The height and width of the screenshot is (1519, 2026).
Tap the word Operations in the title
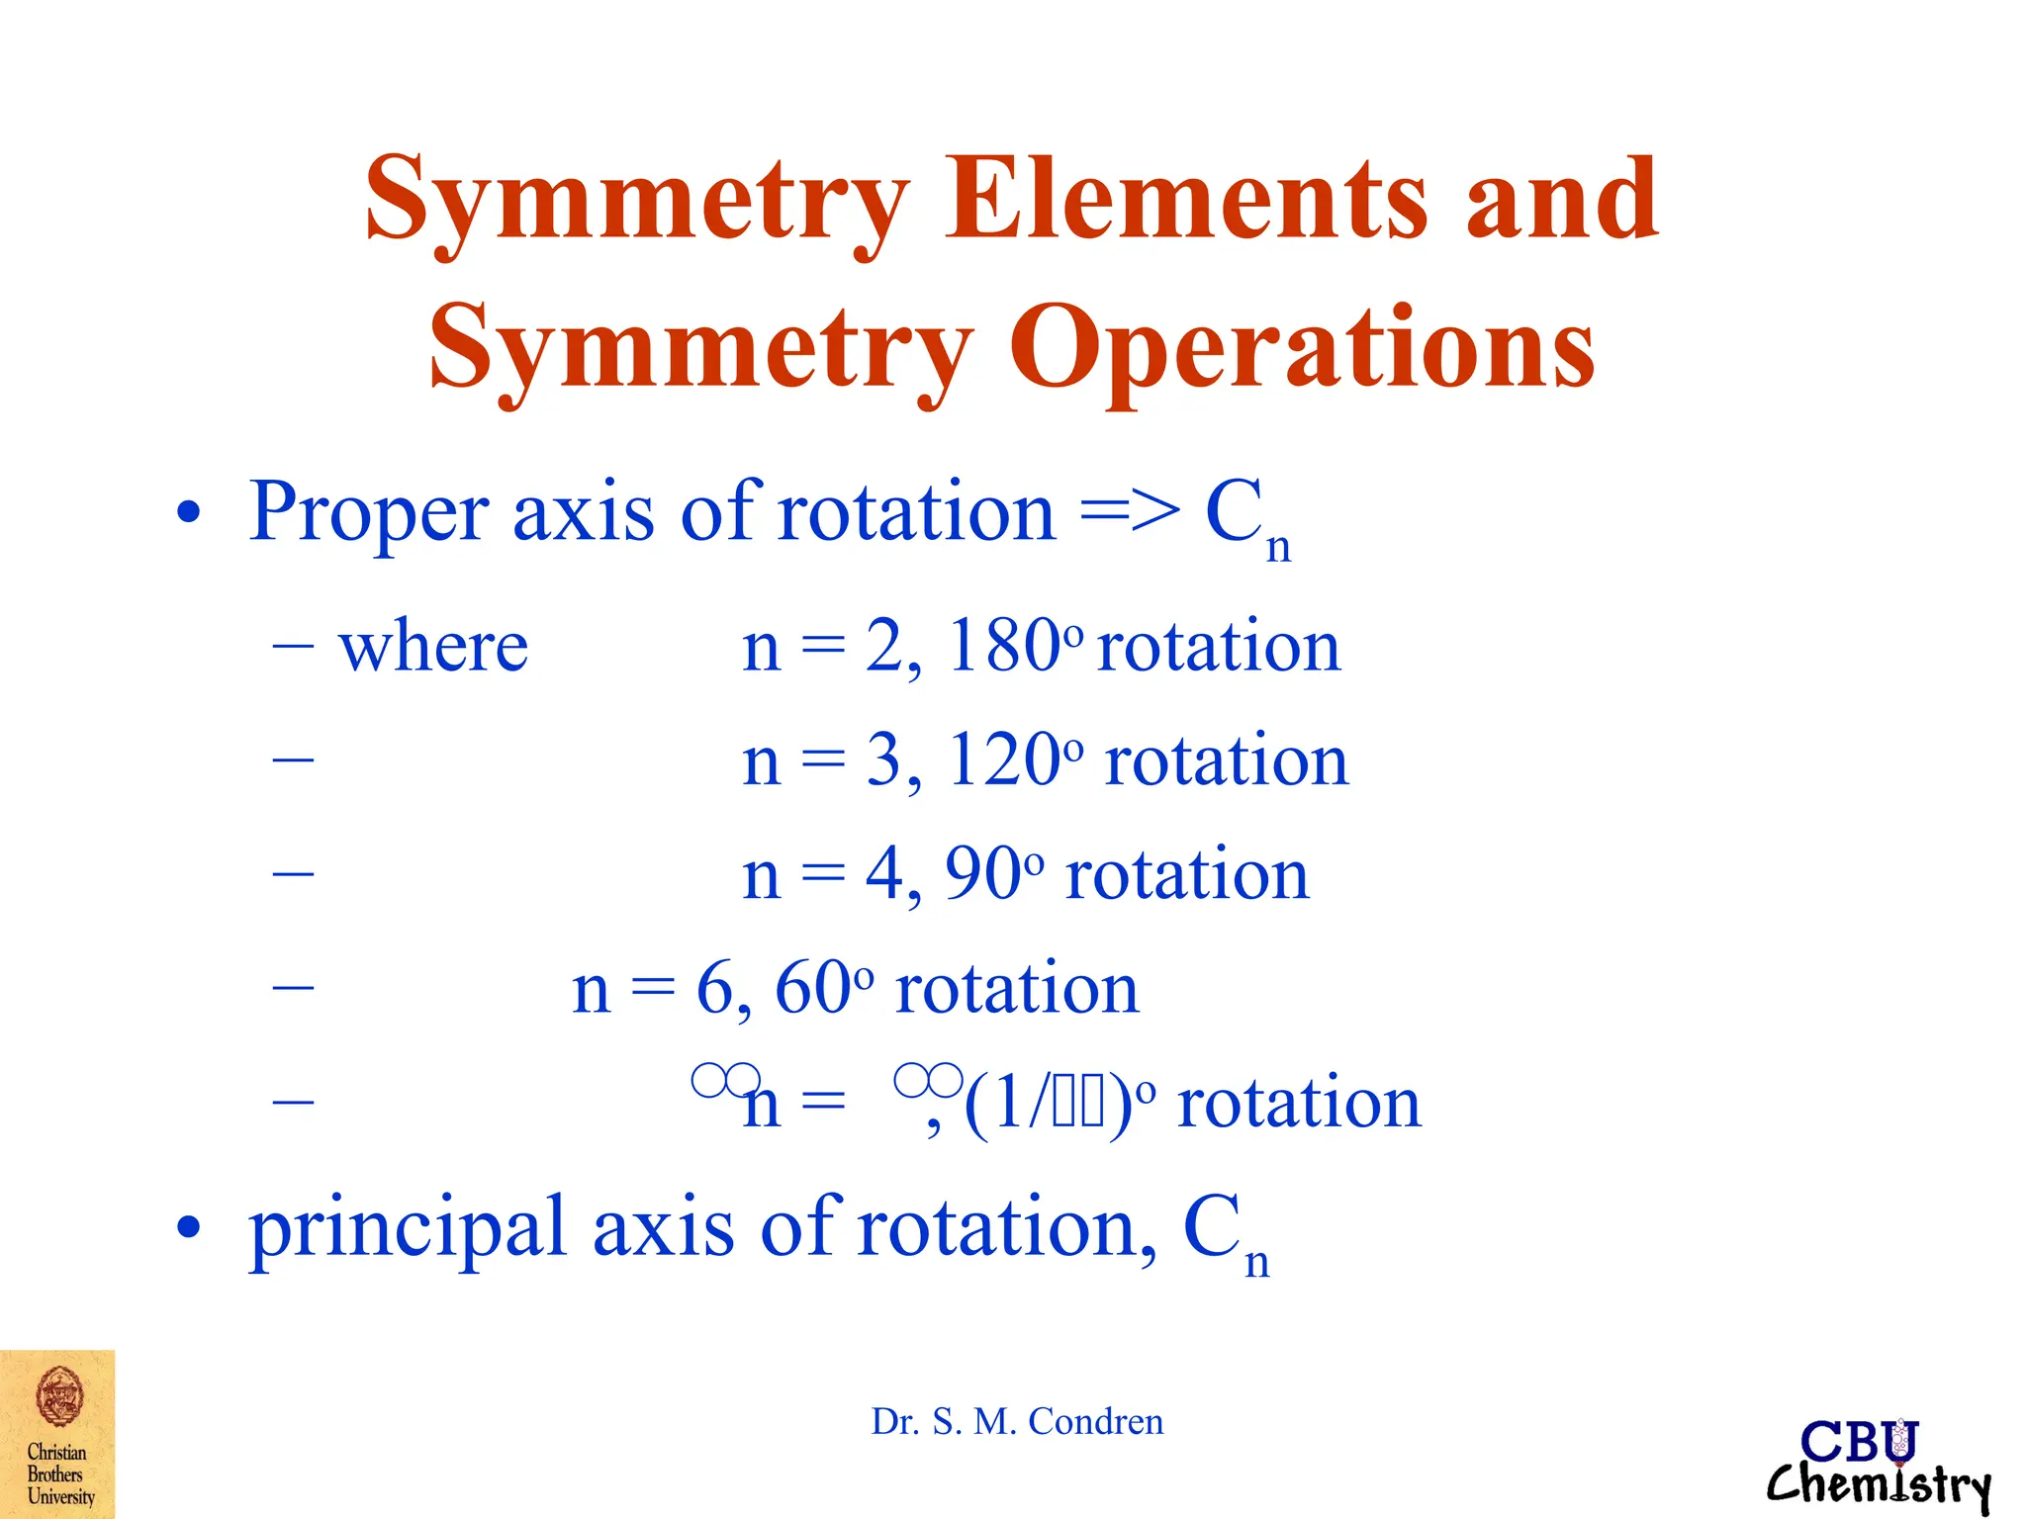tap(1301, 348)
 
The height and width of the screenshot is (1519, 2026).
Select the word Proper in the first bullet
tap(368, 512)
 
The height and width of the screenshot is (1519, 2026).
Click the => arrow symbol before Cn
tap(1130, 512)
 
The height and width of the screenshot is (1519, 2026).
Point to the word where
tap(433, 648)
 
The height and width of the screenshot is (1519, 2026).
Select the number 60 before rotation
tap(812, 988)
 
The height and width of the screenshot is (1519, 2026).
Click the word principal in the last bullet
tap(408, 1228)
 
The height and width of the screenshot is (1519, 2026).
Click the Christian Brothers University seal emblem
tap(59, 1395)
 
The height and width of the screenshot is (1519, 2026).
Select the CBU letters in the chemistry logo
tap(1859, 1442)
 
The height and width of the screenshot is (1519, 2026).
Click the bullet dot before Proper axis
tap(188, 514)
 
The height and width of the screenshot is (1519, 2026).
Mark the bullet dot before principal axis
tap(188, 1228)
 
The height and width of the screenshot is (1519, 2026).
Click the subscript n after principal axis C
tap(1256, 1263)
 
